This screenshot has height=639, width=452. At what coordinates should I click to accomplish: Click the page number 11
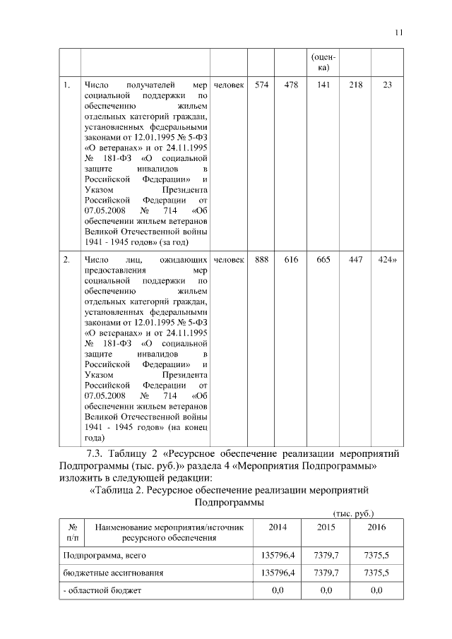tap(399, 32)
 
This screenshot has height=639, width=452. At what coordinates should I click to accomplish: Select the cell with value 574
tap(261, 85)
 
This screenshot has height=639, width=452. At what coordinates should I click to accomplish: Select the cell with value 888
tap(261, 261)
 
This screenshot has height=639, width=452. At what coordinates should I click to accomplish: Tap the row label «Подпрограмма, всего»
tap(95, 556)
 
